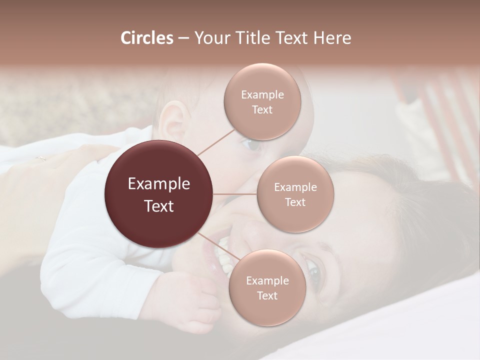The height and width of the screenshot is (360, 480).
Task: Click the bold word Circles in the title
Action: click(x=146, y=38)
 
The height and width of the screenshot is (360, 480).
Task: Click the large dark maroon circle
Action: click(x=159, y=194)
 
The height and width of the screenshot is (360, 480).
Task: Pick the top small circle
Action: click(x=262, y=102)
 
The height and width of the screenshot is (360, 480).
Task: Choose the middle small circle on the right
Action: click(x=295, y=194)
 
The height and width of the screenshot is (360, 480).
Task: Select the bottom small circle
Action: click(x=267, y=287)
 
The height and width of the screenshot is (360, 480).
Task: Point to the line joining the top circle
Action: click(x=216, y=141)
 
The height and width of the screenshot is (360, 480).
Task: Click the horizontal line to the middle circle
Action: click(x=235, y=194)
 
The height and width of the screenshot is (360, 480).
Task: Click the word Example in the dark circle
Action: click(x=159, y=184)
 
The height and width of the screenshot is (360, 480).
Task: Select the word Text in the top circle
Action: click(x=262, y=110)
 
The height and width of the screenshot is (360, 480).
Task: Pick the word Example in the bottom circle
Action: click(x=267, y=280)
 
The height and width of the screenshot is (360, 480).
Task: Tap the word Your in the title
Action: click(x=210, y=38)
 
